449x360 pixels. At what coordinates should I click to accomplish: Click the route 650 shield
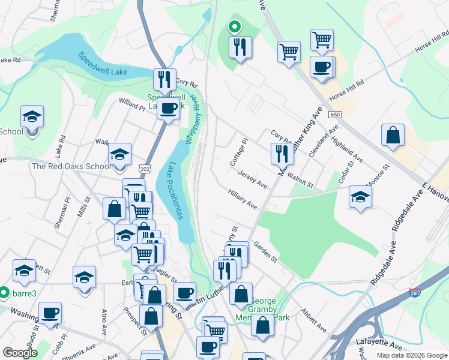coord(335,115)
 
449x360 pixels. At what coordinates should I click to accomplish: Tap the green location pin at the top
coord(234,26)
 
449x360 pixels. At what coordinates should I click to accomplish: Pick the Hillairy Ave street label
coord(243,200)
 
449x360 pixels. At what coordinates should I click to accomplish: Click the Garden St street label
coord(264,252)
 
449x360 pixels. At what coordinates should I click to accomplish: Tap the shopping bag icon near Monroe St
coord(393,136)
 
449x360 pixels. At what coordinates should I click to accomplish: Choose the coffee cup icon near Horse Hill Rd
coord(322,67)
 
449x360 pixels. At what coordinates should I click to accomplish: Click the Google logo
coord(20,353)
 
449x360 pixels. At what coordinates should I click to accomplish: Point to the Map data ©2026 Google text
coord(411,355)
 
